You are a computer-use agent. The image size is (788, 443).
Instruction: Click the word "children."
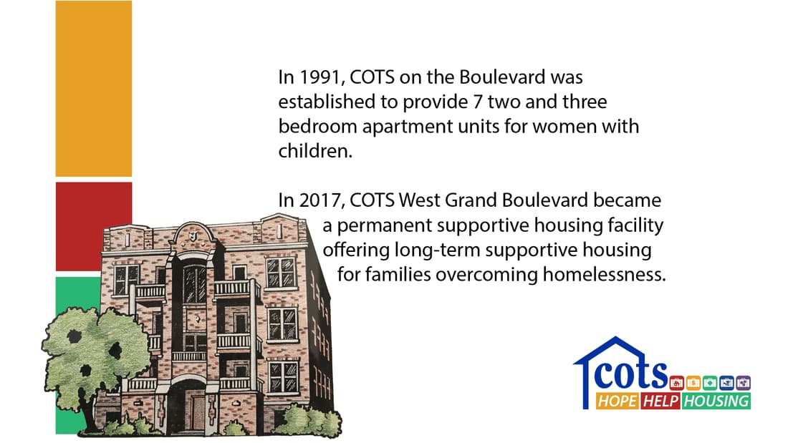pyautogui.click(x=316, y=152)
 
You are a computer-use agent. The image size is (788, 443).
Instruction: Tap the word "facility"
pyautogui.click(x=636, y=226)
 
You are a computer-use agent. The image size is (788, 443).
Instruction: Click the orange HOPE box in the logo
pyautogui.click(x=617, y=401)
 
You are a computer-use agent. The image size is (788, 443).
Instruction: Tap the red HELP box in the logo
pyautogui.click(x=660, y=401)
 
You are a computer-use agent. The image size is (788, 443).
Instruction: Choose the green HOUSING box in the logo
pyautogui.click(x=716, y=401)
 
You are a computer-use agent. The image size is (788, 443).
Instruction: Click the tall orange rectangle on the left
pyautogui.click(x=94, y=89)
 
